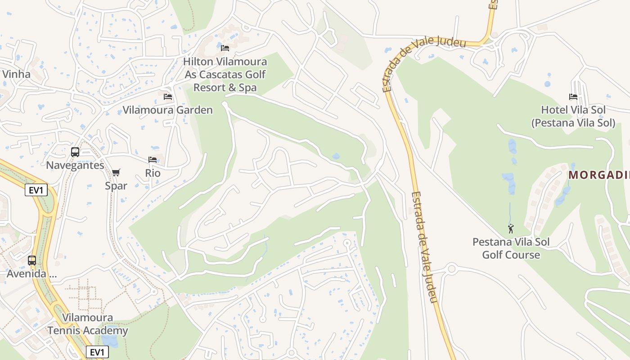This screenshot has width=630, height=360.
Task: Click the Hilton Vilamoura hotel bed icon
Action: (x=225, y=48)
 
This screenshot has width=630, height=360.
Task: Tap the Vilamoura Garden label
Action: (x=167, y=110)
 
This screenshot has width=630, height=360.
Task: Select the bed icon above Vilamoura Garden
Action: (x=168, y=97)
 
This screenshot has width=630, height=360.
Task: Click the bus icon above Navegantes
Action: (x=75, y=152)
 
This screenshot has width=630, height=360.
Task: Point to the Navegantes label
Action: (x=75, y=165)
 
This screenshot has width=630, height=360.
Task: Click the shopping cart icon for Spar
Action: (x=116, y=172)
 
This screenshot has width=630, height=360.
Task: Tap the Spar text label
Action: (x=116, y=185)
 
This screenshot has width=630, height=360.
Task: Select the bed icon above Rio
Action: (x=153, y=160)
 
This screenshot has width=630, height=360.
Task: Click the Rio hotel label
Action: (x=153, y=173)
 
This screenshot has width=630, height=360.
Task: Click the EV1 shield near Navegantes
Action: (x=36, y=190)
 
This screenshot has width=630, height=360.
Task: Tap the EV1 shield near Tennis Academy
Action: (x=97, y=352)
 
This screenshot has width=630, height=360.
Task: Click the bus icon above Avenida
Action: (x=32, y=261)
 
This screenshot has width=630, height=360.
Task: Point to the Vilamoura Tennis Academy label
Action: (x=88, y=324)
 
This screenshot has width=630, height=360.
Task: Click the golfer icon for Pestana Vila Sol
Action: (x=511, y=229)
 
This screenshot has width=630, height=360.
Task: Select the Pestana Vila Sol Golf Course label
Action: (x=511, y=248)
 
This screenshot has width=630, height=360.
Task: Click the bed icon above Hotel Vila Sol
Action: (x=573, y=97)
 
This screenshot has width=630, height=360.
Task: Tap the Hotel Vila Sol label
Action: (x=573, y=116)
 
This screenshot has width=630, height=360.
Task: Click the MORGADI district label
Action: (x=598, y=175)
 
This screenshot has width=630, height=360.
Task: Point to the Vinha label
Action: (x=16, y=74)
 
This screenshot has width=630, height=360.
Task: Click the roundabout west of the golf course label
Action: (x=451, y=269)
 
